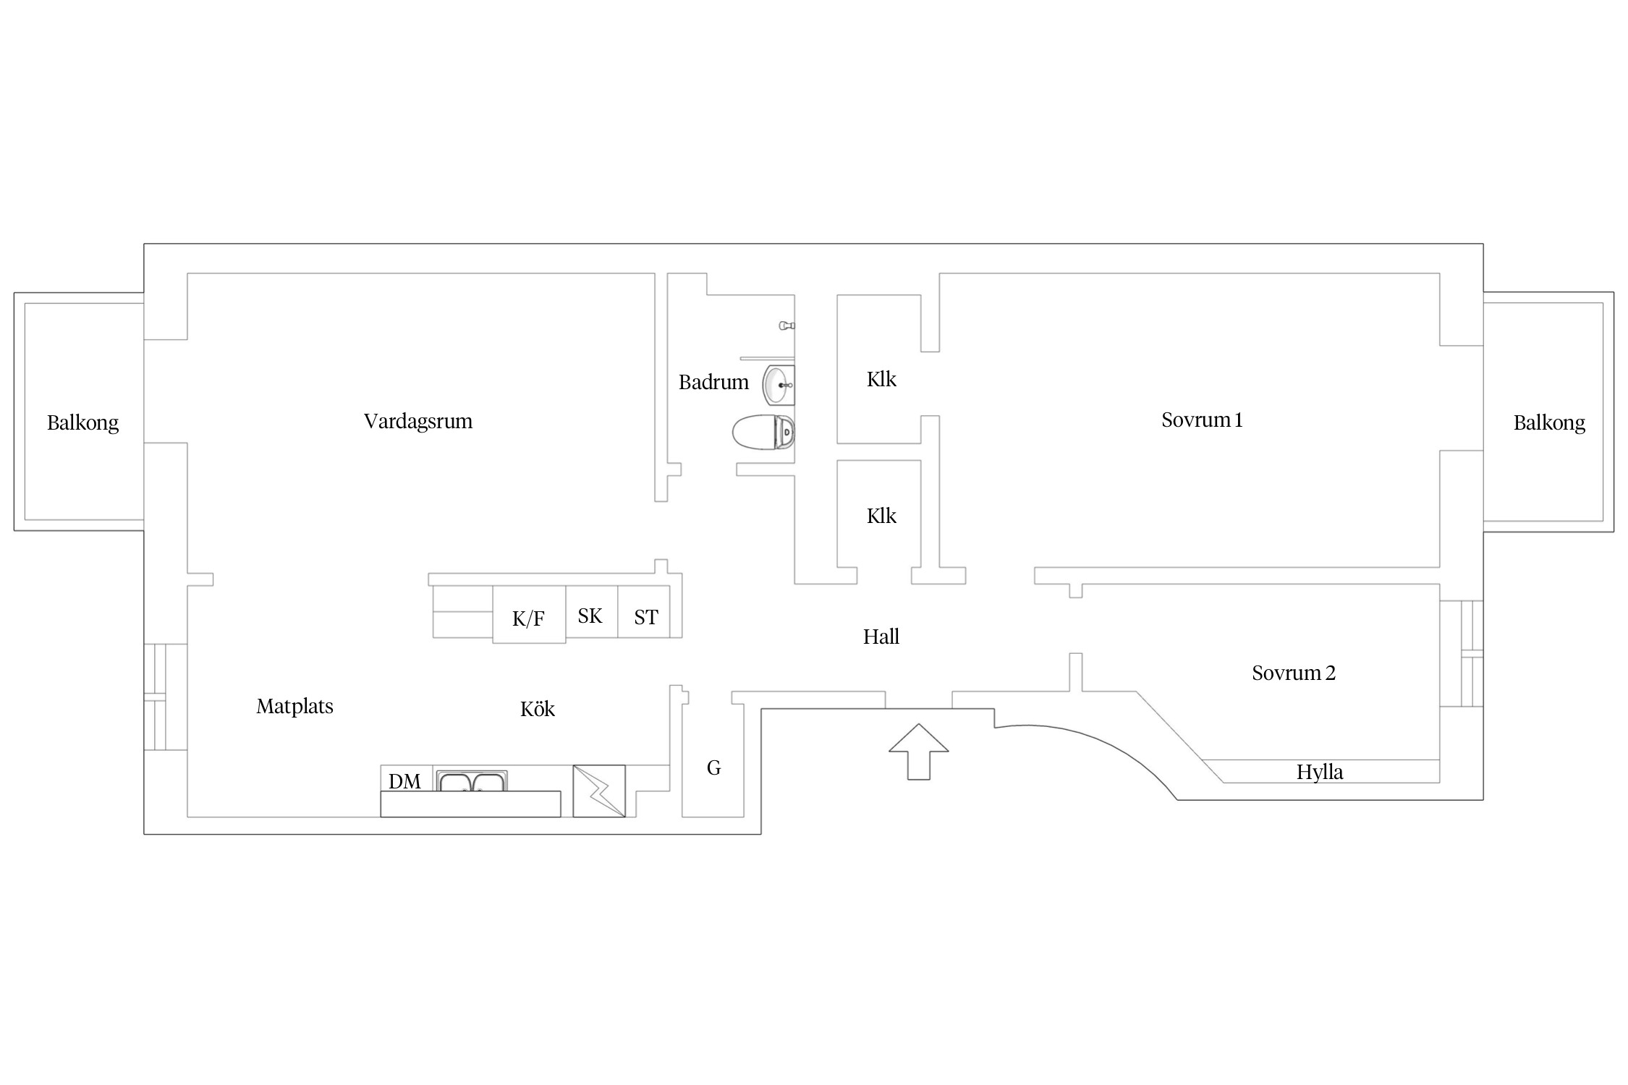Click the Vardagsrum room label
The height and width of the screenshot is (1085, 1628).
click(418, 422)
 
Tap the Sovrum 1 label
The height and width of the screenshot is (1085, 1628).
click(1202, 420)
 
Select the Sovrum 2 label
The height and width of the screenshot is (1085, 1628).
click(1294, 673)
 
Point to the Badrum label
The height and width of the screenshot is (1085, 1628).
click(713, 382)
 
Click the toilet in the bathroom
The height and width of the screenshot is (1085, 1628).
click(763, 433)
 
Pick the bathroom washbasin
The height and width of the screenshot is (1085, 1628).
click(779, 385)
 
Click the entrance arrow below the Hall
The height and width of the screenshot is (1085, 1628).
click(918, 752)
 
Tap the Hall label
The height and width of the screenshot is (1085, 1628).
click(881, 637)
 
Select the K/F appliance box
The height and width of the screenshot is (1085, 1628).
click(529, 614)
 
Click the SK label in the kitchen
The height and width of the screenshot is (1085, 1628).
click(590, 616)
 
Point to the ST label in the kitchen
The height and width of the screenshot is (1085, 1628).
click(646, 618)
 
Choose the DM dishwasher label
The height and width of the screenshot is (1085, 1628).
click(404, 781)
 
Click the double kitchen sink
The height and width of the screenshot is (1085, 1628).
click(472, 781)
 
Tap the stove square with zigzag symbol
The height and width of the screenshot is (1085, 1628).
click(599, 791)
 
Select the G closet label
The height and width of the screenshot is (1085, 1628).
click(713, 767)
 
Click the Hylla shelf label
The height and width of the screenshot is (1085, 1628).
click(1320, 773)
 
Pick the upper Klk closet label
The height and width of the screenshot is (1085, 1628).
click(881, 379)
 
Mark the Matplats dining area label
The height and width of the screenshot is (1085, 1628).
click(294, 707)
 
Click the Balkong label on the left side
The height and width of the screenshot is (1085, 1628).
click(82, 423)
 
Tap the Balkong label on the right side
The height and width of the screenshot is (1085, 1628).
click(1549, 423)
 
